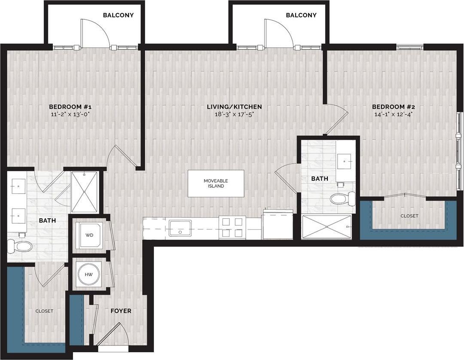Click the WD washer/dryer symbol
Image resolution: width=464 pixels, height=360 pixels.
click(89, 235)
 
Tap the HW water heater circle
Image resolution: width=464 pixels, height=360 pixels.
click(89, 274)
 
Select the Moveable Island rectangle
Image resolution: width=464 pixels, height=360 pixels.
click(216, 183)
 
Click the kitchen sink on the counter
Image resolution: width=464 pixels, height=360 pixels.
click(180, 228)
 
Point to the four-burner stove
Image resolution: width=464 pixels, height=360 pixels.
click(232, 227)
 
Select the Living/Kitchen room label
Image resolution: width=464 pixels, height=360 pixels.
click(234, 107)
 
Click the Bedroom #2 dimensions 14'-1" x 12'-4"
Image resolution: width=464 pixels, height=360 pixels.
click(393, 114)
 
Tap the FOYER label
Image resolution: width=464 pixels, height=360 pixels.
click(121, 311)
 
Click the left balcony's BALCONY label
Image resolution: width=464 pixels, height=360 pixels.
click(118, 15)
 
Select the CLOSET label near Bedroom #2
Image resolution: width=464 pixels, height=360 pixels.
click(409, 216)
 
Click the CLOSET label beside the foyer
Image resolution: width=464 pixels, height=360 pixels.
click(44, 311)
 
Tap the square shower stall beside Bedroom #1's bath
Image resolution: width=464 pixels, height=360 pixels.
click(84, 192)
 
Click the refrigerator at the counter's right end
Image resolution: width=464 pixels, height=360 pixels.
click(278, 224)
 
